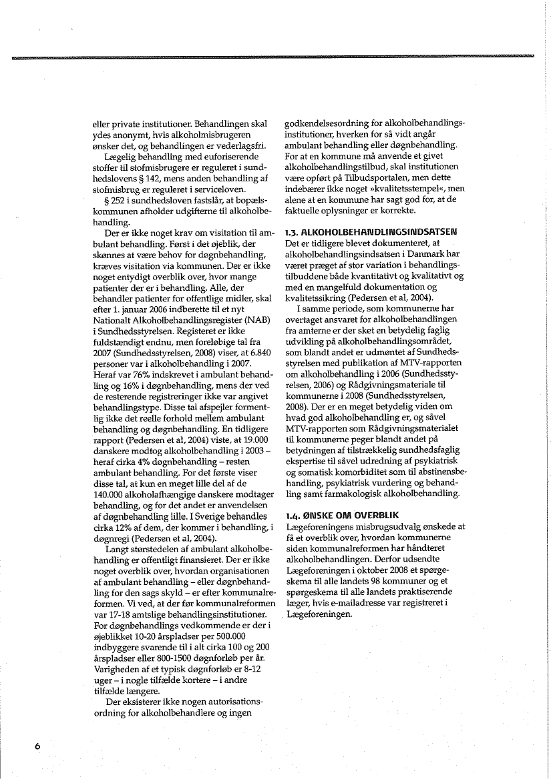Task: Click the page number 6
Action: (38, 746)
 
